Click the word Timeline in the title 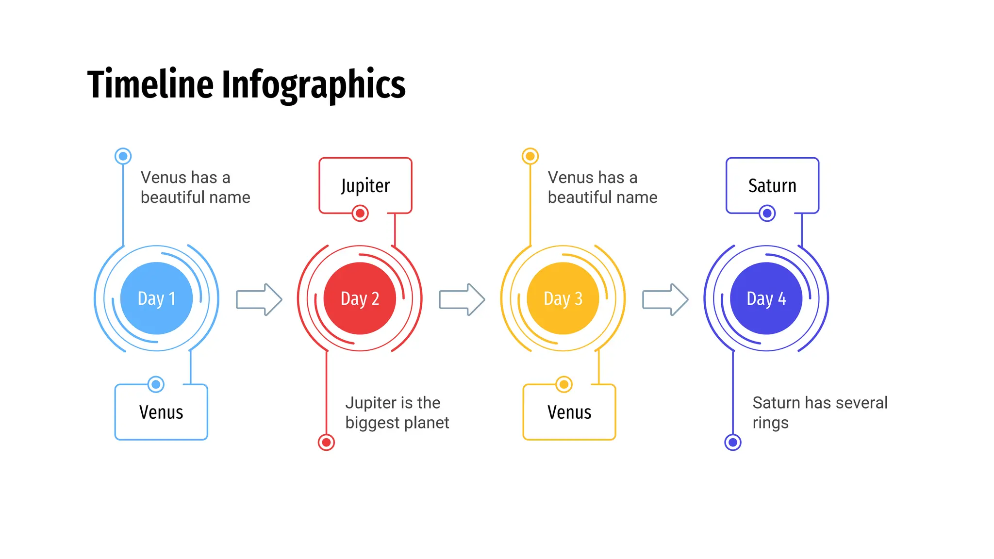coord(150,84)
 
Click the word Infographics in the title coord(314,85)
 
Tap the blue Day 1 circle coord(156,298)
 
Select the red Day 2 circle coord(360,298)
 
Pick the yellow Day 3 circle coord(563,298)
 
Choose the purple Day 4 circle coord(766,298)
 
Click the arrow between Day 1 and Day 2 coord(259,299)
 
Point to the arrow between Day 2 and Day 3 coord(462,299)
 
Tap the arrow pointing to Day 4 coord(665,299)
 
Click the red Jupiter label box coord(365,185)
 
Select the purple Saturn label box coord(772,185)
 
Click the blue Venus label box coord(161,412)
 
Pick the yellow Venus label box coord(569,412)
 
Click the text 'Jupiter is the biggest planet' coord(397,412)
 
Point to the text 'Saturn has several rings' coord(820,412)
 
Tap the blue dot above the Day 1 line coord(123,156)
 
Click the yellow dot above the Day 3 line coord(530,156)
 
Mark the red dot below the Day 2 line coord(326,442)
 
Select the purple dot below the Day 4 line coord(733,442)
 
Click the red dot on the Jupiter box coord(360,213)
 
